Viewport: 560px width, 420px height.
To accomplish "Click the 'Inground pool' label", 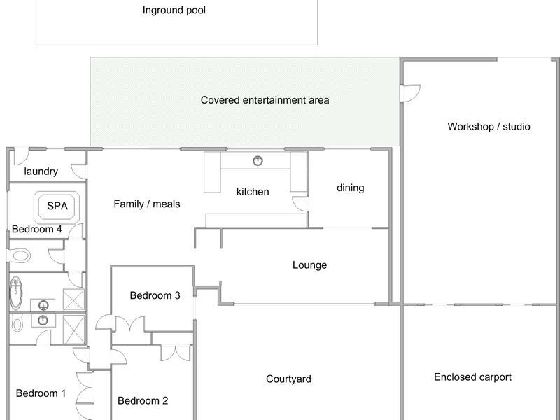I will (174, 10).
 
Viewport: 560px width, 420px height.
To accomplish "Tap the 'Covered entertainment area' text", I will (265, 100).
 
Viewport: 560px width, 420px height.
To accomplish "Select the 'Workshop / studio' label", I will (489, 127).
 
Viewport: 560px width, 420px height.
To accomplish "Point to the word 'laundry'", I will (41, 171).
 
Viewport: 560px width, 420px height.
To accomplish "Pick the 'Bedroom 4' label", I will (36, 229).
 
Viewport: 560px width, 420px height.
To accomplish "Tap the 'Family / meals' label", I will (147, 204).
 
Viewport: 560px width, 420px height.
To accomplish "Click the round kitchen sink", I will (259, 161).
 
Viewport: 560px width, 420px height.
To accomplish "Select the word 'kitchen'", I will (253, 191).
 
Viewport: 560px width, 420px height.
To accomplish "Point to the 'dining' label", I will (350, 188).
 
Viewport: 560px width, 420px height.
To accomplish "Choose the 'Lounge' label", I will (309, 265).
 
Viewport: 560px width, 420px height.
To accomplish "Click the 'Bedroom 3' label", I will (155, 295).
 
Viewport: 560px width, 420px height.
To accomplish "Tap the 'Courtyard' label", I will (288, 379).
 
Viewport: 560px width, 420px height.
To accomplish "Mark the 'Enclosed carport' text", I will (472, 377).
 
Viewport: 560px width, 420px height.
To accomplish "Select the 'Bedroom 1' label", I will (41, 393).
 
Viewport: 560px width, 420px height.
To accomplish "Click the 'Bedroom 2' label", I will (143, 401).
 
